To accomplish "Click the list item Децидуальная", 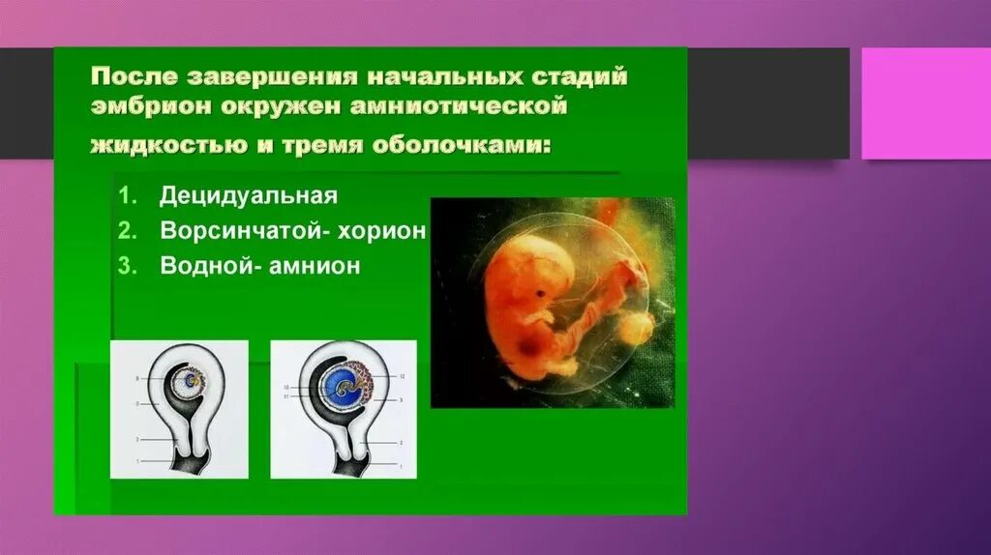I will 249,196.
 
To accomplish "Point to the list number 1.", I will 126,196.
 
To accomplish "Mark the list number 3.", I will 126,267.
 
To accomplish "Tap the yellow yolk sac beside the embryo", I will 635,328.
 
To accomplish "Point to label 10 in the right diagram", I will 287,387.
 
